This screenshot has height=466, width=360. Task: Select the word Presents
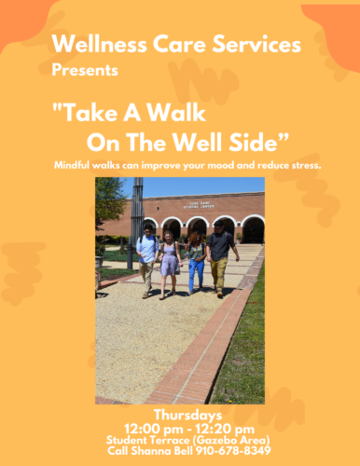[x=85, y=70]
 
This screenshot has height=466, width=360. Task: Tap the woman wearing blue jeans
[x=197, y=263]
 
